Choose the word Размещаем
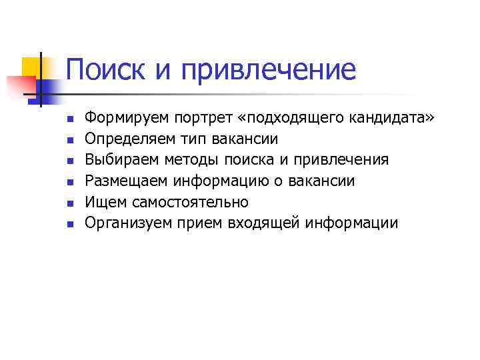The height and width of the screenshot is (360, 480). coord(126,181)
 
